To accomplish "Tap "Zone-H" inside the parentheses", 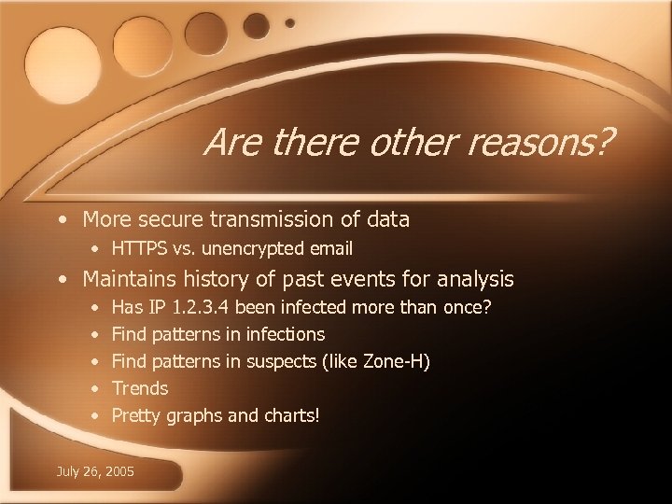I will coord(391,361).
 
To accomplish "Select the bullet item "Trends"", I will coord(140,388).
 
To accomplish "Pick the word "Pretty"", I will coord(136,415).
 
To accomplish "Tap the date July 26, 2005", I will coord(96,471).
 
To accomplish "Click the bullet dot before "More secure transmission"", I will coord(62,220).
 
